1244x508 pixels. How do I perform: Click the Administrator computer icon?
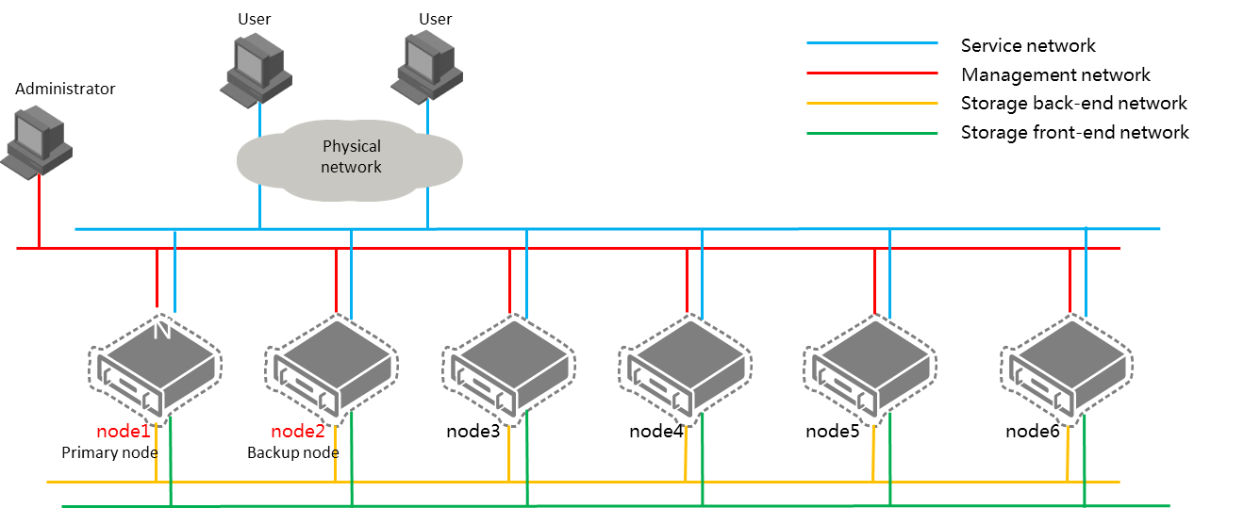[x=37, y=142]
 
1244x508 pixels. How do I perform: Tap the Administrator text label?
[x=65, y=89]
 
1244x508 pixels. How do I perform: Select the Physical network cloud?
[x=350, y=160]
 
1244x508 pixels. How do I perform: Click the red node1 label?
[x=124, y=432]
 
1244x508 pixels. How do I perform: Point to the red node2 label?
[x=298, y=432]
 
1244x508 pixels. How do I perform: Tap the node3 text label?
[x=473, y=432]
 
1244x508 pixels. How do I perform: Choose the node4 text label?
[x=655, y=432]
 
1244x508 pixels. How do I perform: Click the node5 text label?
[x=833, y=432]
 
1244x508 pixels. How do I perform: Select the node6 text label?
[x=1033, y=432]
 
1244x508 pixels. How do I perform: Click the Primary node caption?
[x=109, y=453]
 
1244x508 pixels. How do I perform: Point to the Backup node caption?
[x=292, y=453]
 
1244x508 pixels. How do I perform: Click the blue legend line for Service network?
[x=871, y=42]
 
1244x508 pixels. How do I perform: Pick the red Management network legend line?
[x=871, y=73]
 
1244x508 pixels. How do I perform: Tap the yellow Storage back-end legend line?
[x=871, y=104]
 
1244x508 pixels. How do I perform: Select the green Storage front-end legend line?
[x=871, y=133]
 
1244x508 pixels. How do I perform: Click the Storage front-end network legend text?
[x=1074, y=133]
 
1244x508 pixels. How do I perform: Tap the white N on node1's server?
[x=162, y=330]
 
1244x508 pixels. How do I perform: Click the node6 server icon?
[x=1067, y=369]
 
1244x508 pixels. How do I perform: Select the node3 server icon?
[x=508, y=369]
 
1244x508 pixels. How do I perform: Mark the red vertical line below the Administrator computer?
[x=39, y=211]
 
